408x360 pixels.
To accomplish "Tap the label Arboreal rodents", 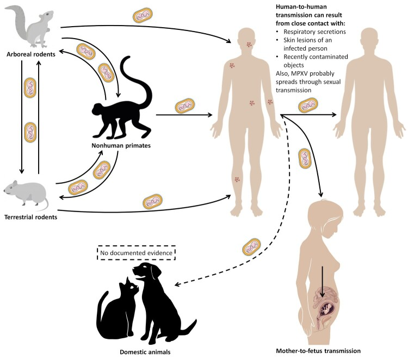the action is (x=31, y=54).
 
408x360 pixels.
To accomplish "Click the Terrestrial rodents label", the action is (x=30, y=217).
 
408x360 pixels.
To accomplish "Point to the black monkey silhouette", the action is (x=122, y=104).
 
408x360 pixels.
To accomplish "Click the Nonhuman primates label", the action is (x=121, y=145).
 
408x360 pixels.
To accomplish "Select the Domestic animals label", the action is (x=145, y=352).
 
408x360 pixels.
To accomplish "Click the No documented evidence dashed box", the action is (x=136, y=252).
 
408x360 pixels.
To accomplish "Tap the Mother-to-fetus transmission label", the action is (x=318, y=351).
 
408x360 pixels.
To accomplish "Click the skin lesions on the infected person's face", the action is (x=249, y=45).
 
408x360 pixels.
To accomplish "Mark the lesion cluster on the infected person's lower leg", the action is (x=237, y=179).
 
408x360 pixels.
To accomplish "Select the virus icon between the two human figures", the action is (x=308, y=105).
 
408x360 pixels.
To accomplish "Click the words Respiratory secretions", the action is (x=314, y=32).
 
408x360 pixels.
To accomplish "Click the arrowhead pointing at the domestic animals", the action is (x=177, y=284).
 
